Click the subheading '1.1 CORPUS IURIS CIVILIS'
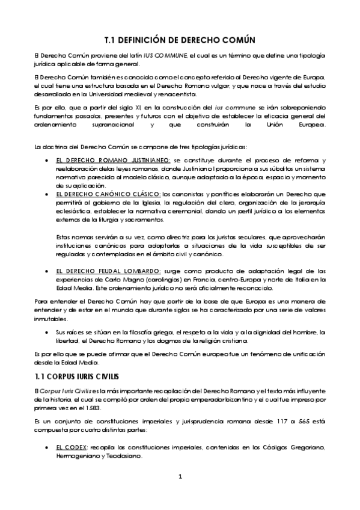[76, 376]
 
